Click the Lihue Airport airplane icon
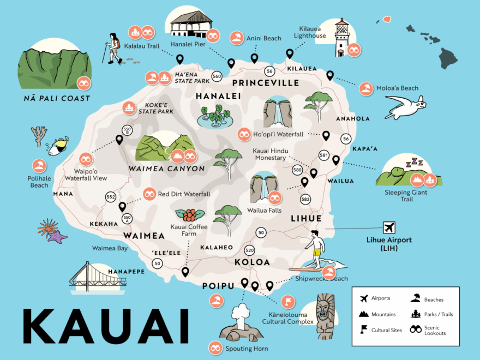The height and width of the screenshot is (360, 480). tap(389, 227)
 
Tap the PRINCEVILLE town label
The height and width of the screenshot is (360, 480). tap(266, 83)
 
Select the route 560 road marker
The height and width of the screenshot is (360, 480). tap(217, 76)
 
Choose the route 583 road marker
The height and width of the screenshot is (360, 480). tap(305, 200)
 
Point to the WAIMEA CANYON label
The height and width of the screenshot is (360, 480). tap(166, 169)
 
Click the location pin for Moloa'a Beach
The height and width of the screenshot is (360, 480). tap(329, 76)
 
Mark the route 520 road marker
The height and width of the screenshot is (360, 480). tap(250, 250)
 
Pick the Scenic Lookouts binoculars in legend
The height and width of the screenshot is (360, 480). tap(416, 329)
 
